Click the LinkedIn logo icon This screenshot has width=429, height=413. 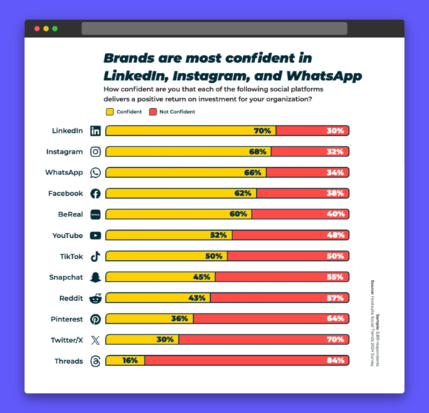coord(95,131)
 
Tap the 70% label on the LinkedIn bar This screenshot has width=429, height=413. coord(262,131)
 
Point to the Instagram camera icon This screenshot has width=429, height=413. coord(95,151)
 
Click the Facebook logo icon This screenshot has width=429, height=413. coord(95,194)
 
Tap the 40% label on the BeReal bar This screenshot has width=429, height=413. coord(335,214)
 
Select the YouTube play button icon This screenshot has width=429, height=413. coord(95,235)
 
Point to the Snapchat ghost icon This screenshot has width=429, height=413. coord(95,277)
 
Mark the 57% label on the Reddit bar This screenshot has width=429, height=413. coord(335,298)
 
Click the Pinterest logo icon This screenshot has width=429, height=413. coord(95,319)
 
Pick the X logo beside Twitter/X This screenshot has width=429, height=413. coord(95,340)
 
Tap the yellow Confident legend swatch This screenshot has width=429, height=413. coord(109,111)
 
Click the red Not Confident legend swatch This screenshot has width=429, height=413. coord(153,111)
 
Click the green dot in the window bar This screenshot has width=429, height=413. coord(55,29)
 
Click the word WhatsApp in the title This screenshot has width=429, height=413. coord(320,75)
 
